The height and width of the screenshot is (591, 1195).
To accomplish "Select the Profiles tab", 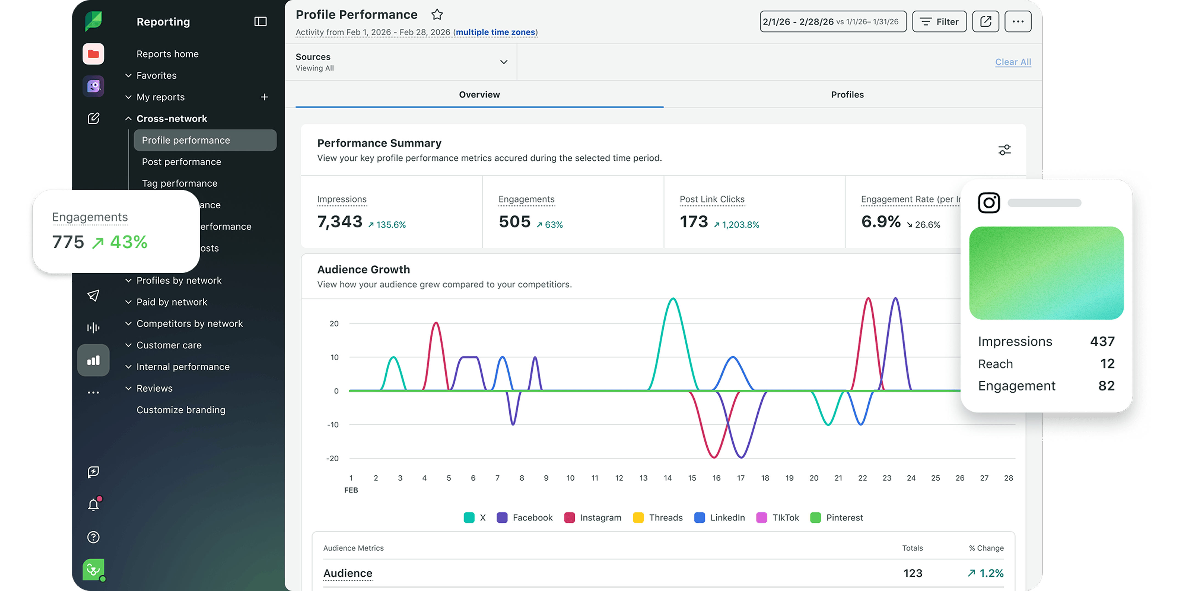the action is click(x=847, y=95).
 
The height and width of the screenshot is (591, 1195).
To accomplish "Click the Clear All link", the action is click(x=1013, y=62).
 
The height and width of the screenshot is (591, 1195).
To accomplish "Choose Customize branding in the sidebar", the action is click(x=181, y=410).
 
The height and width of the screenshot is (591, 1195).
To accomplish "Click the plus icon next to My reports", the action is click(x=264, y=97).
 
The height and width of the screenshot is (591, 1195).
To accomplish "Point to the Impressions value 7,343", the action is click(x=340, y=222).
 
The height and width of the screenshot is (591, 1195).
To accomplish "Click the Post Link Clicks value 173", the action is click(x=694, y=222).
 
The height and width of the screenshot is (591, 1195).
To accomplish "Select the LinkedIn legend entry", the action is click(x=719, y=518).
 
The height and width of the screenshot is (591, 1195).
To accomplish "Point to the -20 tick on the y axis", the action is click(x=332, y=458).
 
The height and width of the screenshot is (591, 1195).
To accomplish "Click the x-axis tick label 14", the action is click(x=668, y=478).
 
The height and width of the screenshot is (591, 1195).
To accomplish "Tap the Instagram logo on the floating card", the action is click(x=989, y=203).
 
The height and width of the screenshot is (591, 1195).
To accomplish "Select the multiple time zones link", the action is click(x=495, y=32).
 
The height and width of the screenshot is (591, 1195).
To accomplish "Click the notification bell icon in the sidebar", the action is click(x=93, y=504).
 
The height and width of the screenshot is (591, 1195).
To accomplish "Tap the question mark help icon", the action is click(x=93, y=537).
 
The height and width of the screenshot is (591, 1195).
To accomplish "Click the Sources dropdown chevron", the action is click(x=503, y=62).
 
